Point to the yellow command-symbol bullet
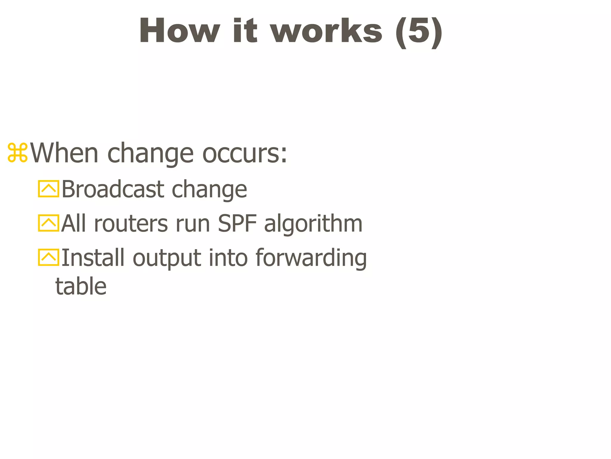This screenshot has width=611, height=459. pos(18,153)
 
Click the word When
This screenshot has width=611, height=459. pos(64,153)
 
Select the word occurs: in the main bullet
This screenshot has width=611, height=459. pos(245,153)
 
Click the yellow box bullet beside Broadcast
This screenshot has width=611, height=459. pos(48,189)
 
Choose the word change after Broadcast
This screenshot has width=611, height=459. pos(209,190)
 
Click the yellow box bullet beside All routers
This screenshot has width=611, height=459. pos(48,223)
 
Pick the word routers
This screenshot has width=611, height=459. pos(131,224)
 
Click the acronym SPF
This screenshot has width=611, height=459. pos(237,224)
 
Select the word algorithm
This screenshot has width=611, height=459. pos(313,224)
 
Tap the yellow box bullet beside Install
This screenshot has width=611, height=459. pos(48,257)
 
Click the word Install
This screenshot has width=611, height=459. pos(93,257)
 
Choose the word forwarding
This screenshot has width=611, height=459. pos(311,258)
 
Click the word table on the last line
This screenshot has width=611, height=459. pos(81,286)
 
